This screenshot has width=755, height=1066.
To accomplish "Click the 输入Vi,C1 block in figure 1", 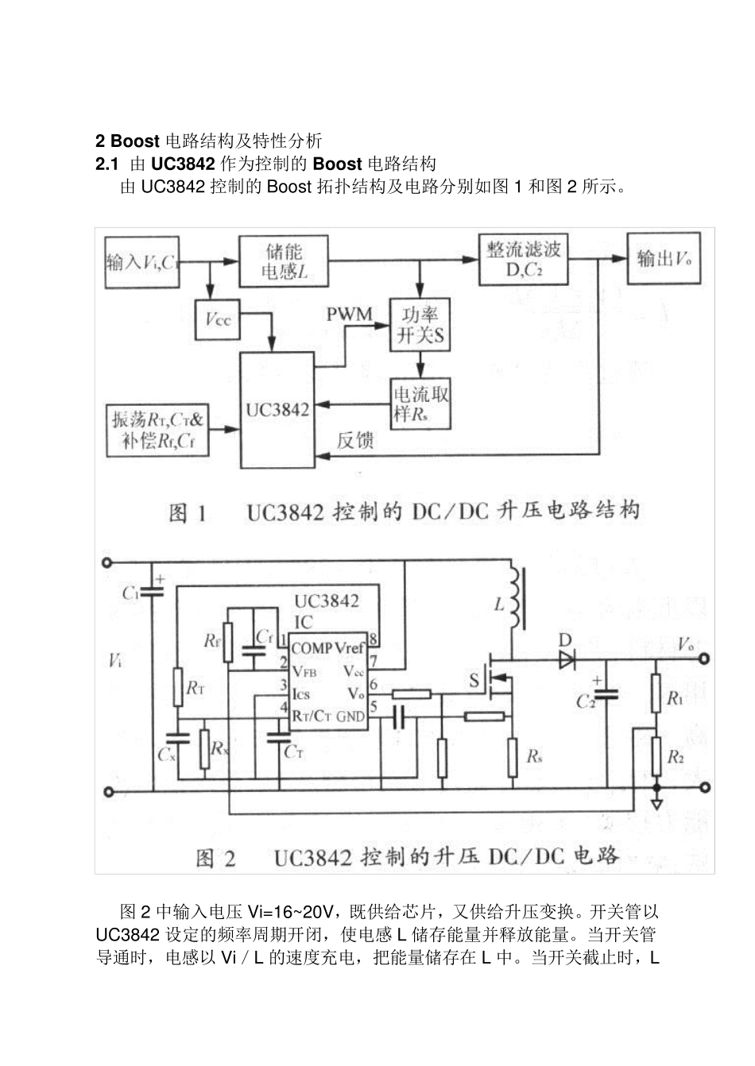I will pyautogui.click(x=141, y=262).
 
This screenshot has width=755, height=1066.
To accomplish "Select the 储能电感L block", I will pyautogui.click(x=284, y=261).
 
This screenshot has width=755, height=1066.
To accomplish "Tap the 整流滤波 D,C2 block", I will pyautogui.click(x=523, y=259).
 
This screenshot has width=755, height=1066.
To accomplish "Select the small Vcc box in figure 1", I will pyautogui.click(x=217, y=319).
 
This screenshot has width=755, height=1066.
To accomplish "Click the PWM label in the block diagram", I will pyautogui.click(x=349, y=315).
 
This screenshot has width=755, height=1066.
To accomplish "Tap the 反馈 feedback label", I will pyautogui.click(x=354, y=440).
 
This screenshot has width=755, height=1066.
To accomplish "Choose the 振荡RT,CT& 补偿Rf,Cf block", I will pyautogui.click(x=157, y=431).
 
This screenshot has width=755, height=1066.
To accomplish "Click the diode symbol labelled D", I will pyautogui.click(x=567, y=659).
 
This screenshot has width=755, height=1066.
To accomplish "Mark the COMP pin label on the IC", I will pyautogui.click(x=312, y=648).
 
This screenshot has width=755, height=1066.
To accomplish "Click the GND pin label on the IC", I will pyautogui.click(x=350, y=716).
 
